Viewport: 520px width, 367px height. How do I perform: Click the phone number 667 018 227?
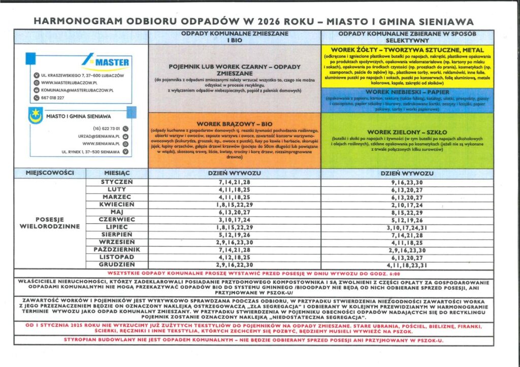(x=53, y=97)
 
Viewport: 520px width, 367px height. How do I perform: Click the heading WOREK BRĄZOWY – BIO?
(x=234, y=124)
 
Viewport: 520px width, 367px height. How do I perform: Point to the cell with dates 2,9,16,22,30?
(x=234, y=265)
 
